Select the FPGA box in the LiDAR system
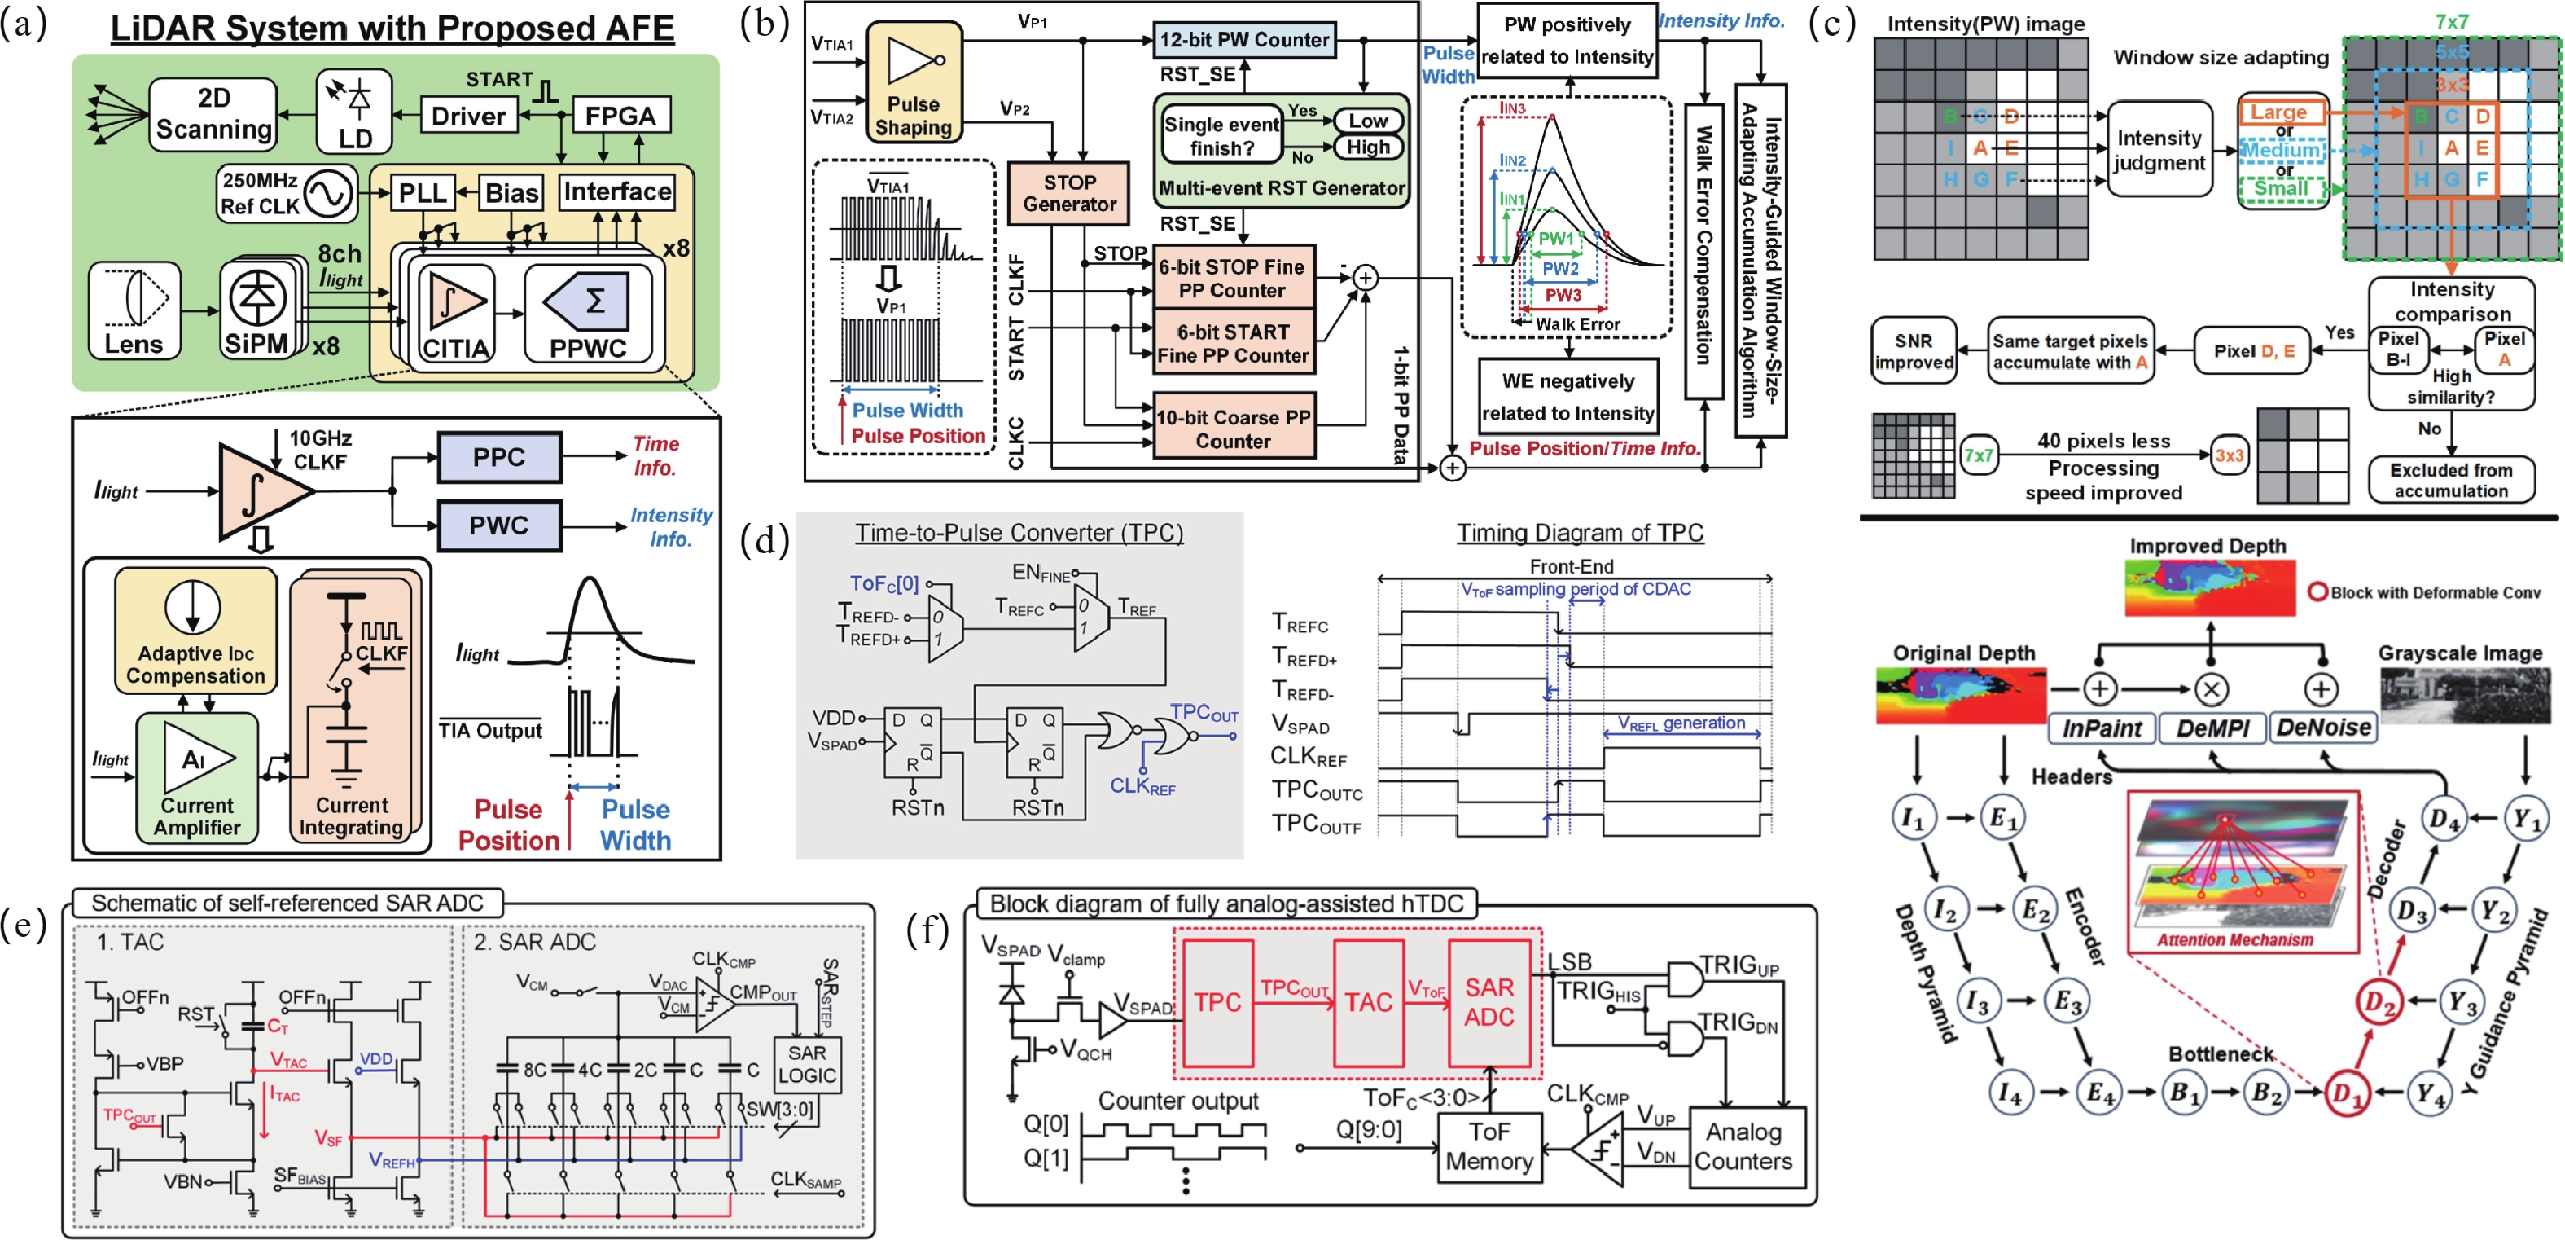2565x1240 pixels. click(620, 117)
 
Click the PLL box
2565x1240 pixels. click(422, 192)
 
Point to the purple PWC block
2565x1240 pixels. click(499, 525)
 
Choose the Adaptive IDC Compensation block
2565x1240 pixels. click(195, 630)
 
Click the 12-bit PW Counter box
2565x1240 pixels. click(1243, 40)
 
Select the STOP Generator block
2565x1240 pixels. click(1069, 193)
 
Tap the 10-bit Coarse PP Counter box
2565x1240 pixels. click(1233, 429)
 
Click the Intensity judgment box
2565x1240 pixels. click(2159, 149)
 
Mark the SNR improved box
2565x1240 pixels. click(1913, 350)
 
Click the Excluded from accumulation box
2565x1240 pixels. click(2450, 479)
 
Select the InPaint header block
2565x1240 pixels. click(2101, 728)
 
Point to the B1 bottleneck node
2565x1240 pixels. click(2185, 1093)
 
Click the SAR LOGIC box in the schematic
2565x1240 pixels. click(806, 1065)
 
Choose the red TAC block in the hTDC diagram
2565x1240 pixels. click(1368, 1002)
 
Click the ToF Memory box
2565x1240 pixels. click(1489, 1146)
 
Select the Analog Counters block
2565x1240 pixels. click(1743, 1146)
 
